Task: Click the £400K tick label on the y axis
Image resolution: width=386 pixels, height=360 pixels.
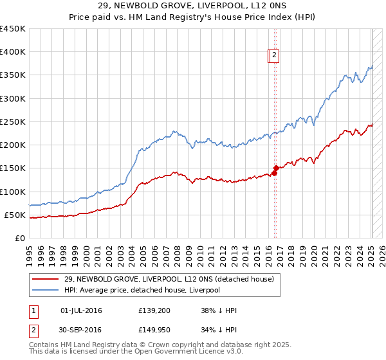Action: (12, 52)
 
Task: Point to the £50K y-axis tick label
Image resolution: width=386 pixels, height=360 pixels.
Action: (15, 215)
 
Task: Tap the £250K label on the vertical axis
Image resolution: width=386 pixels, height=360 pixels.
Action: (12, 122)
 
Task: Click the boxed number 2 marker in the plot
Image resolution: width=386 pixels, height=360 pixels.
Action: (274, 56)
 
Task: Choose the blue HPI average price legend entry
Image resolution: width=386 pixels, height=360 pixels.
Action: (142, 290)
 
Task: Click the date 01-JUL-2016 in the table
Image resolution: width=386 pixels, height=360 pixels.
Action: (80, 310)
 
